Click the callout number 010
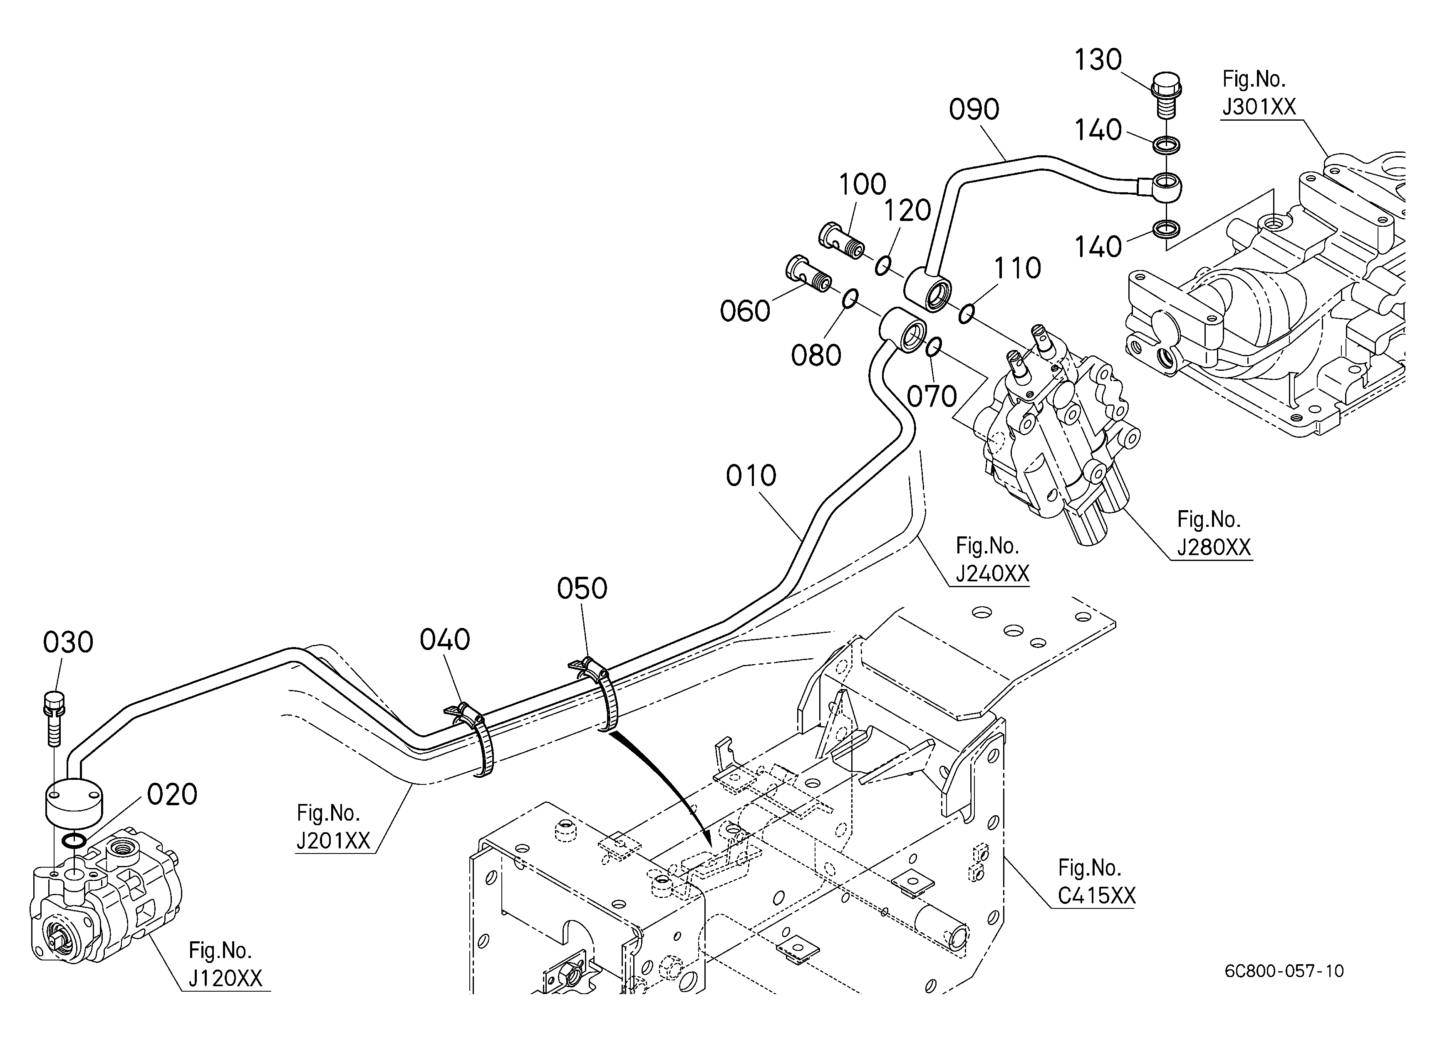coord(751,476)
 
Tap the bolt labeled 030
coord(54,719)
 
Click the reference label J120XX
coord(225,978)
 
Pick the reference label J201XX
coord(333,840)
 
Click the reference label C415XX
coord(1096,895)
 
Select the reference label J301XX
coord(1259,107)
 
